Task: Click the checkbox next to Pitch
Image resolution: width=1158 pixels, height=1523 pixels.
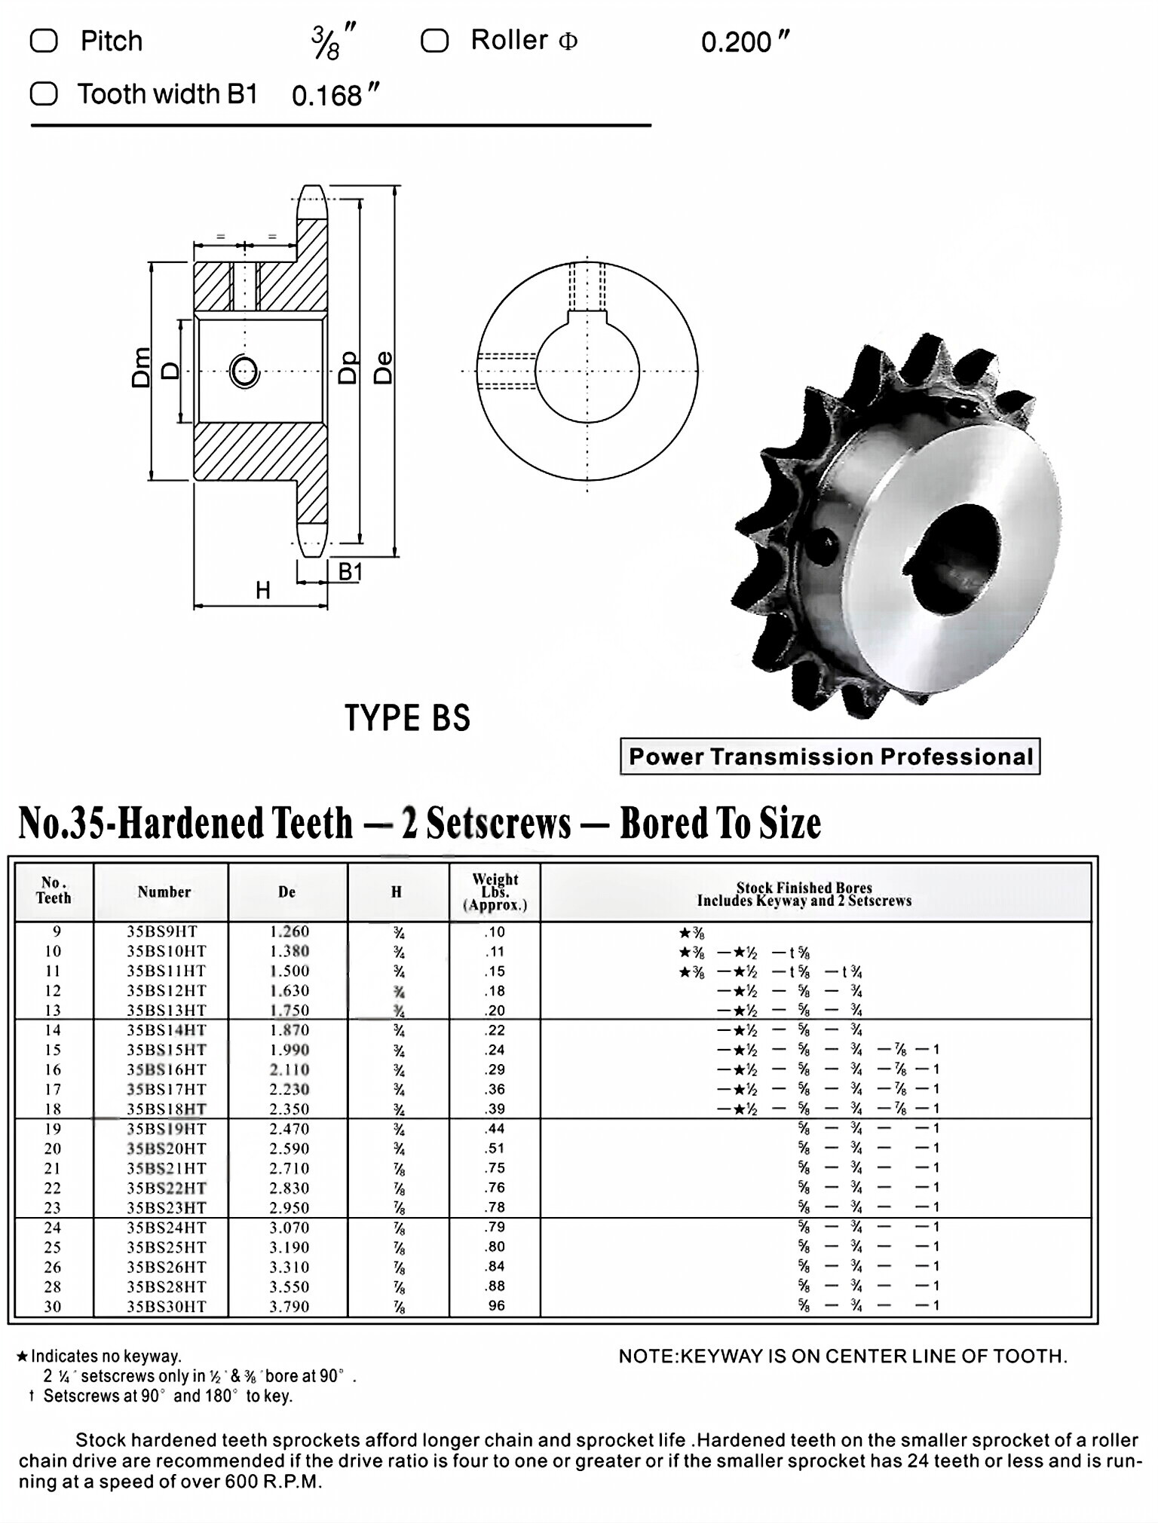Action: point(43,41)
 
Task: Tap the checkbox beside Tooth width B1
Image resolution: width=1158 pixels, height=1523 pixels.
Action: point(43,94)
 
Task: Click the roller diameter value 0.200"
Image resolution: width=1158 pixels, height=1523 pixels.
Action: point(744,42)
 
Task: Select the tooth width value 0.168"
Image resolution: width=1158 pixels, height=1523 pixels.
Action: point(335,96)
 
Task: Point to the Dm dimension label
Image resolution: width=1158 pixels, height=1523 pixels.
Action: point(141,368)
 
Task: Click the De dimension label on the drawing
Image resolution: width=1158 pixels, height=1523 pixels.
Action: point(384,368)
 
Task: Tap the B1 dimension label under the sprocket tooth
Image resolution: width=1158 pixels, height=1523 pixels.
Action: point(350,572)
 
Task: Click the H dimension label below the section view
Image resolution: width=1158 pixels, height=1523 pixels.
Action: point(262,590)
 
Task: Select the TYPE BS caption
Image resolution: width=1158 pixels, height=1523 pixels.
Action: point(407,717)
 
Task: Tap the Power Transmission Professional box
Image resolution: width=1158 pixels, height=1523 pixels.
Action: point(829,757)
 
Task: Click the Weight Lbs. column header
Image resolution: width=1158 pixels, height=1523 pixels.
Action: point(495,892)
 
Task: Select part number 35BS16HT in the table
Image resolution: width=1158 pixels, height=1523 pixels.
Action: point(166,1069)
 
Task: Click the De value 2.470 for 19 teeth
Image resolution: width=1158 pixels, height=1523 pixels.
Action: point(289,1129)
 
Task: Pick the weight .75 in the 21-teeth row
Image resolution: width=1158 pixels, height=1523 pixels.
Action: point(495,1168)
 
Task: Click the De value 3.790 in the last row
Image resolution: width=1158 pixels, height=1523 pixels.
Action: point(289,1306)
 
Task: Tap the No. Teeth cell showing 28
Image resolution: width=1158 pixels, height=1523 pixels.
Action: point(52,1286)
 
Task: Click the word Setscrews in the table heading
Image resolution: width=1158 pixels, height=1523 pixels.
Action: point(498,823)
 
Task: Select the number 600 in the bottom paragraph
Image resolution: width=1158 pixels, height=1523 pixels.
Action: point(241,1482)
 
